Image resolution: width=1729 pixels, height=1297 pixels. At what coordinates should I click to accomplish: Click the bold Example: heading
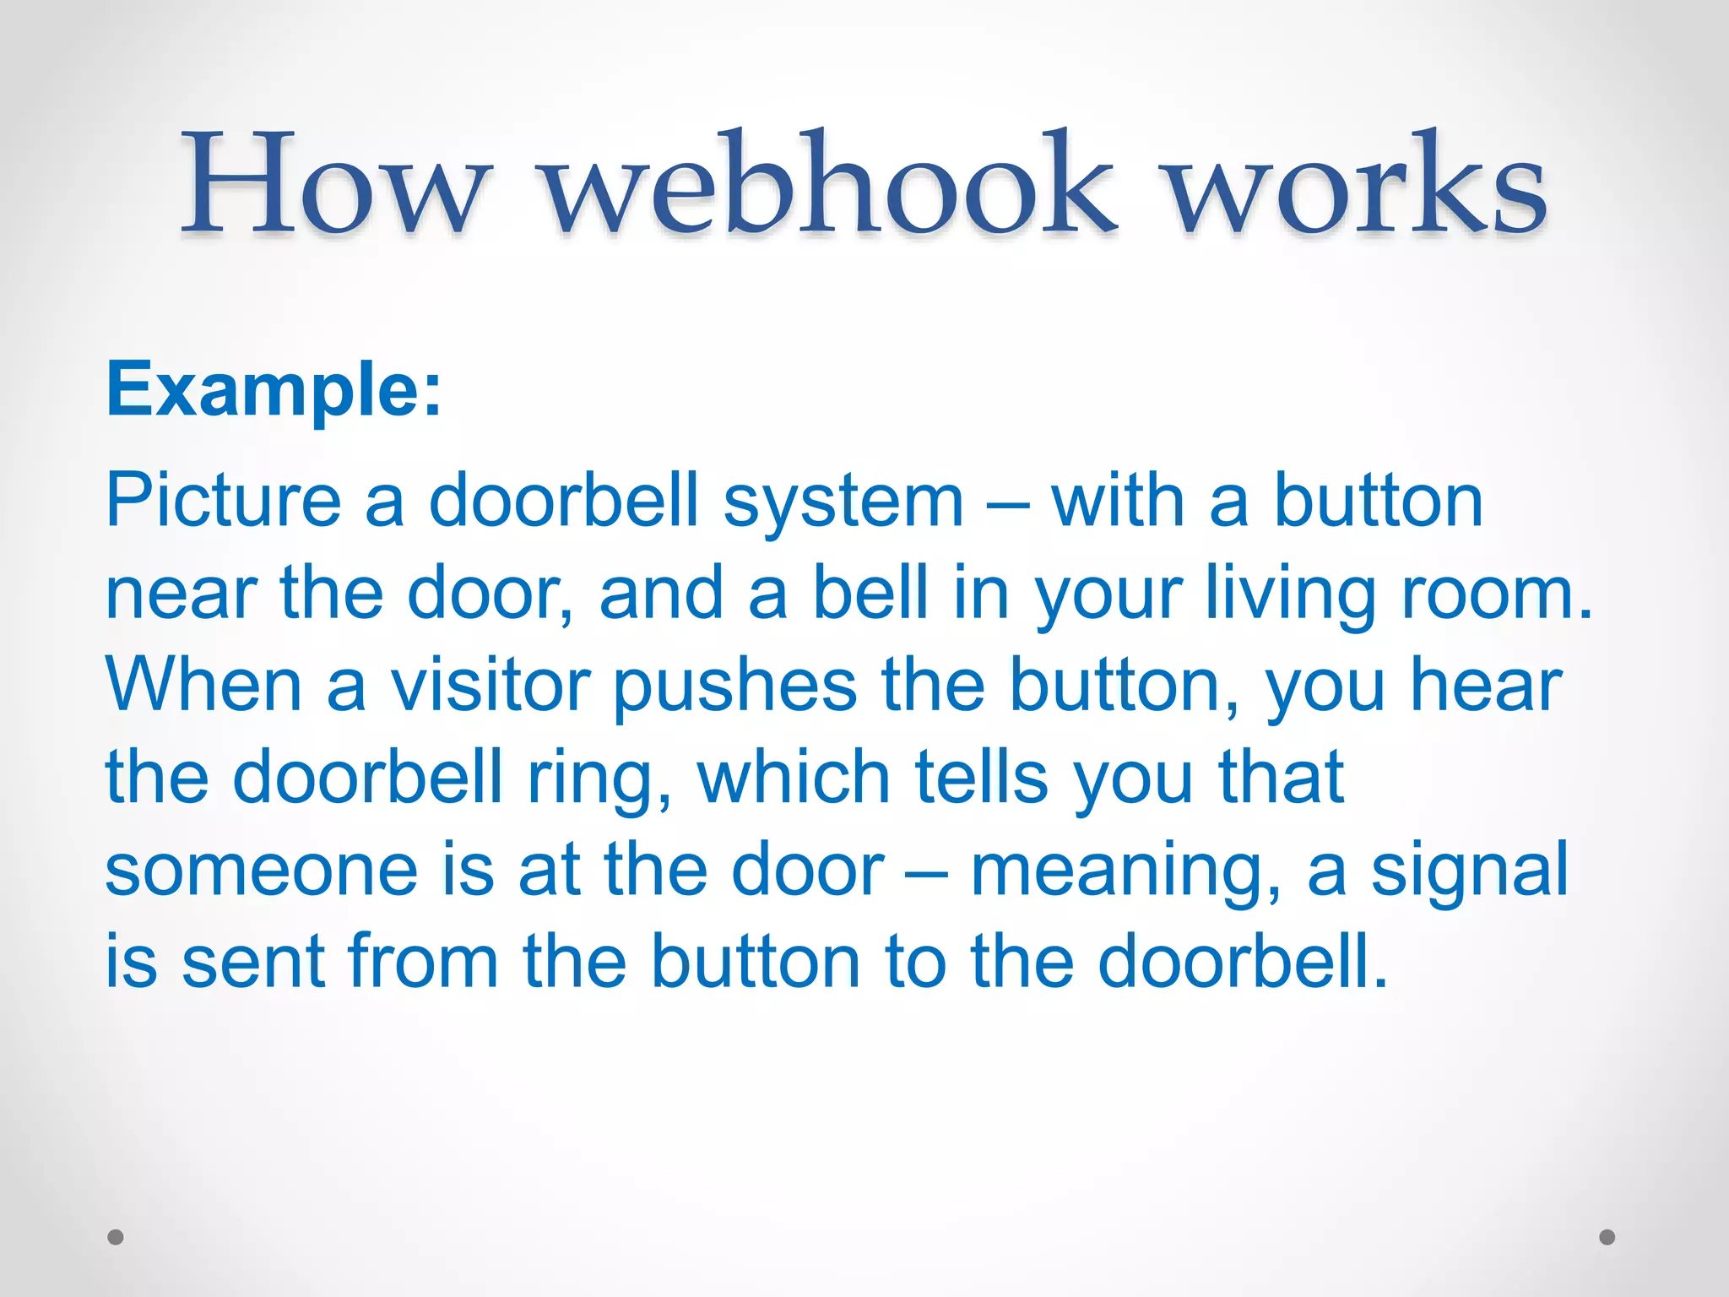click(274, 390)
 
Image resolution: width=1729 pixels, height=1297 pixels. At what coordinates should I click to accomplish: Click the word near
click(181, 594)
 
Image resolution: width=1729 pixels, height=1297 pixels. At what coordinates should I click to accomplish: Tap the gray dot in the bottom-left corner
click(116, 1237)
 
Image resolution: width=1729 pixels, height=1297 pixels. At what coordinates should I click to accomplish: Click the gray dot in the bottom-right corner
click(1607, 1237)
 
